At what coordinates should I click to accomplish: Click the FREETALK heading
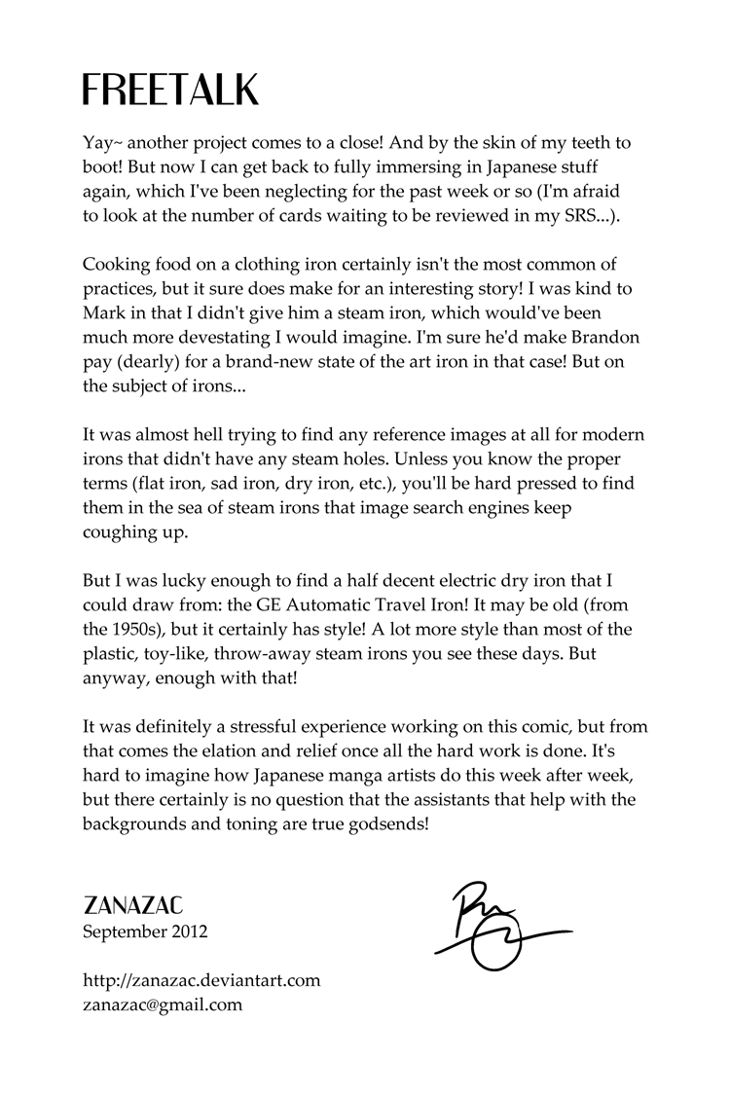(170, 90)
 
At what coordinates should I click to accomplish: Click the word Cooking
(116, 265)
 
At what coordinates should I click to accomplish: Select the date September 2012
(145, 931)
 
